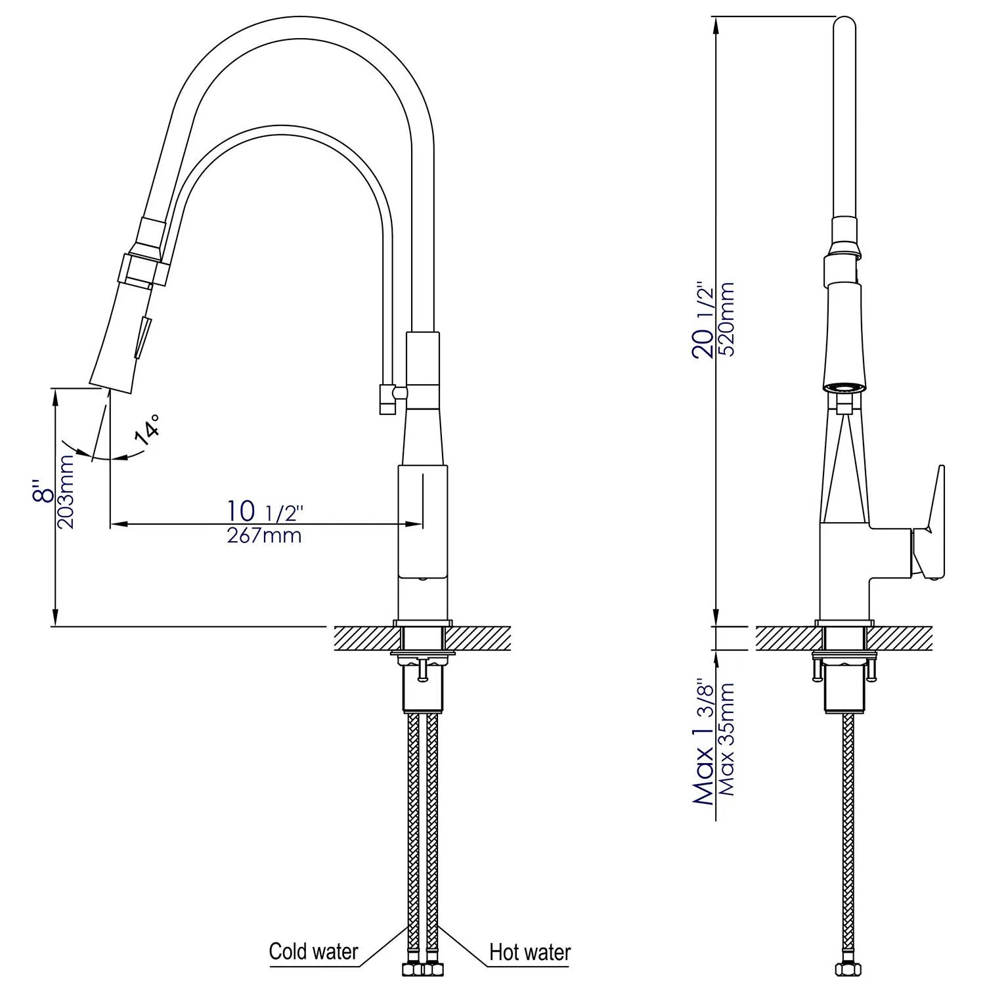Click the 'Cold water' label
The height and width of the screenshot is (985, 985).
pos(313,952)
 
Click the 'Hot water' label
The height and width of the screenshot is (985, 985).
pos(530,952)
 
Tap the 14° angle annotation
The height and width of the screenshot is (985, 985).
pos(148,430)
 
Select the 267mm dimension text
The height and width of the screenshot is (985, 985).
pos(264,536)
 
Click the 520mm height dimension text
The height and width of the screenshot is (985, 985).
pos(727,318)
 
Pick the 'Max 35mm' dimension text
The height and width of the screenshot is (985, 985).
pos(727,739)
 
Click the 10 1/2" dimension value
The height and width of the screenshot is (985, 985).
pos(264,511)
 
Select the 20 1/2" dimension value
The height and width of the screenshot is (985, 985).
pos(704,320)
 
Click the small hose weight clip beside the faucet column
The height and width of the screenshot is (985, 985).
pos(387,399)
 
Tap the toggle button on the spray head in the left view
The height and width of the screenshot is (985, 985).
pos(143,336)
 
